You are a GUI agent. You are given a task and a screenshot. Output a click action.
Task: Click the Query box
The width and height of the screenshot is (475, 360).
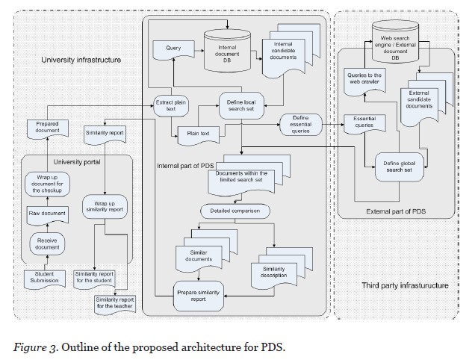pyautogui.click(x=173, y=49)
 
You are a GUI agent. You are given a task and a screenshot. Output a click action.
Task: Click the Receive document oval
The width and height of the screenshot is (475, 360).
pyautogui.click(x=48, y=243)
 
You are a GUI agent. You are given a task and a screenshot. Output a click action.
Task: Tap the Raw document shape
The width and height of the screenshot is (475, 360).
pyautogui.click(x=48, y=214)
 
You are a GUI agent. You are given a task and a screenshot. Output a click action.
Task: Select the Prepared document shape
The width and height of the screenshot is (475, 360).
pyautogui.click(x=47, y=128)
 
